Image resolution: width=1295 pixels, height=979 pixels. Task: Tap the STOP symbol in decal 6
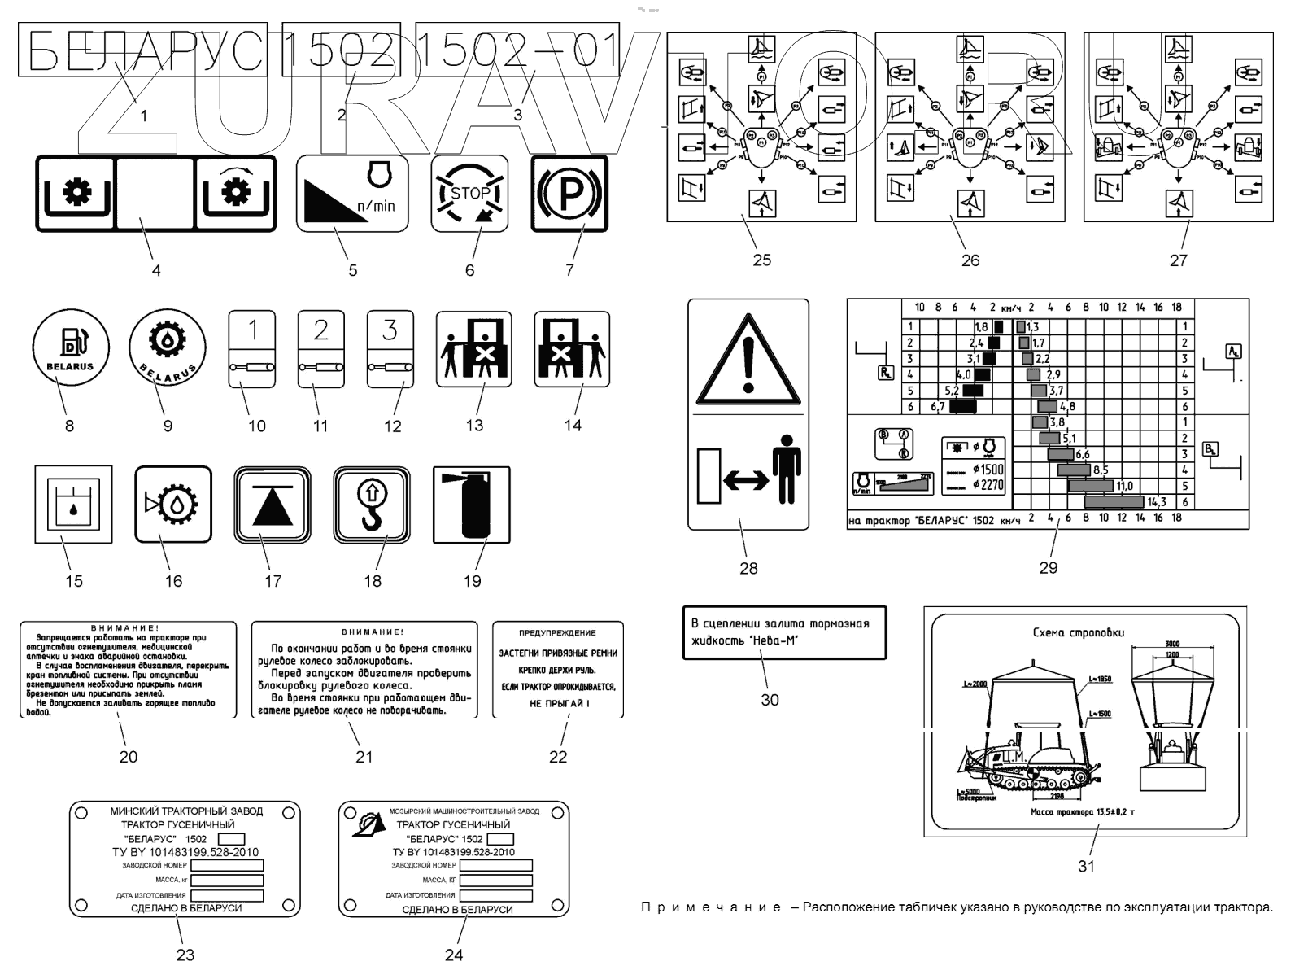point(469,194)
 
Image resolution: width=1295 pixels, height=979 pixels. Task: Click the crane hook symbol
point(371,505)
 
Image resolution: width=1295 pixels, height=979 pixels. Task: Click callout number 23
point(185,954)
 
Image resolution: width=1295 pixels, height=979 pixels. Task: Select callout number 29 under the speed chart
point(1048,567)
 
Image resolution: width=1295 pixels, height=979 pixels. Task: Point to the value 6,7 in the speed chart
point(937,406)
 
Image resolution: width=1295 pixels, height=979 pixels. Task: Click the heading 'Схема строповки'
point(1079,632)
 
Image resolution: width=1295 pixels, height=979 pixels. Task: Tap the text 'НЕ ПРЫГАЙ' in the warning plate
point(557,703)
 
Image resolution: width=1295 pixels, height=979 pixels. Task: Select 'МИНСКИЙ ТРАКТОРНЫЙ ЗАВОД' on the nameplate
point(186,811)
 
